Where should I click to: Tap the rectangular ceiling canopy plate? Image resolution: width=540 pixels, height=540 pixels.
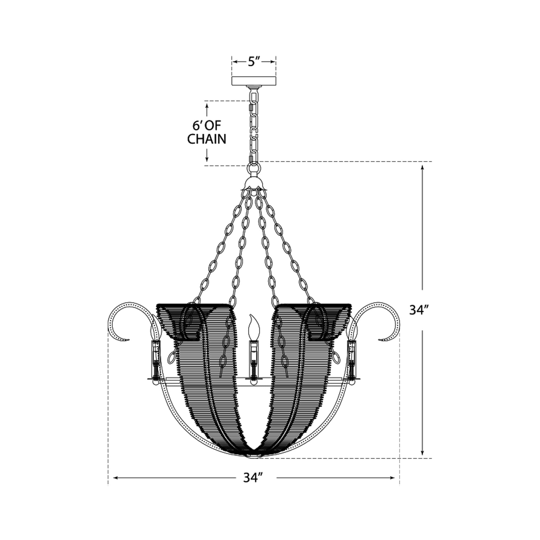coord(254,81)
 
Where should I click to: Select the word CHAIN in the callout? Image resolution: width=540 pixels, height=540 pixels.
coord(207,139)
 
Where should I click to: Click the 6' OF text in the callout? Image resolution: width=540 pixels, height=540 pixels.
coord(207,126)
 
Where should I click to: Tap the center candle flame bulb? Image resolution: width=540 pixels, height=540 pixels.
coord(254,327)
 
